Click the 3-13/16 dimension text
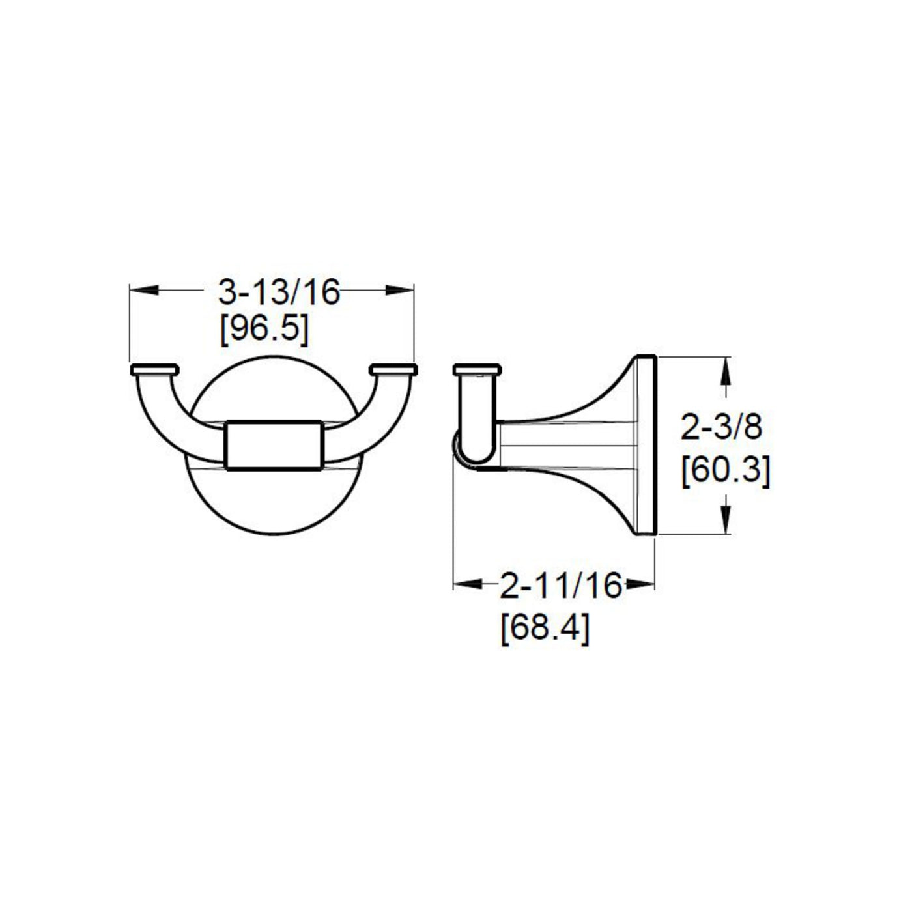pos(279,292)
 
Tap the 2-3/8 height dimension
pos(720,427)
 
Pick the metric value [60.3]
pos(726,472)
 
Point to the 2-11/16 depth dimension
pos(560,585)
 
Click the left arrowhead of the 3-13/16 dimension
pos(144,290)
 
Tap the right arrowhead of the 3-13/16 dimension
pos(400,290)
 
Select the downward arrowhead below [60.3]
pos(726,520)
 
